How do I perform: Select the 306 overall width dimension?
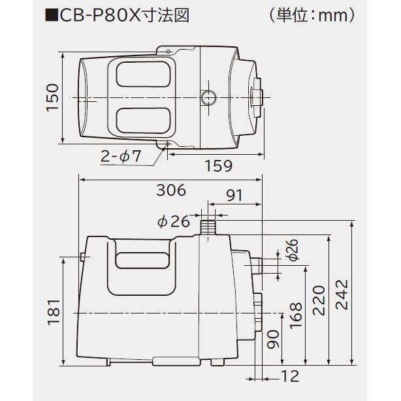coord(172,190)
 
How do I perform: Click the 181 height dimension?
coord(54,312)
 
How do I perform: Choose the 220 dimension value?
coord(319,300)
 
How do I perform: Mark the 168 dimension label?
coord(295,317)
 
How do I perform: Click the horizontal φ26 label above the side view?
coord(173,221)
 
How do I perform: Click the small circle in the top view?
coord(208,98)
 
